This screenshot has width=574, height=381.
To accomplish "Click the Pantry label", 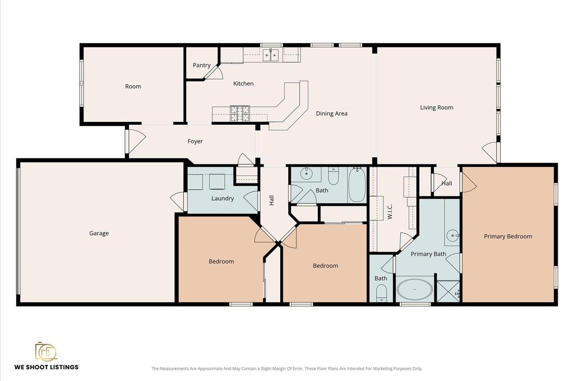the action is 201,65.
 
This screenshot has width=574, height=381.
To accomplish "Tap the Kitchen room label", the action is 243,84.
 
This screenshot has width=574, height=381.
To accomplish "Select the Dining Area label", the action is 331,114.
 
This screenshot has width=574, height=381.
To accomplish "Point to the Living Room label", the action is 436,108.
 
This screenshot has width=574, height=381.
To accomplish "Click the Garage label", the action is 99,233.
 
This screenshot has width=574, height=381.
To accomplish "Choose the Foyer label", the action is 195,142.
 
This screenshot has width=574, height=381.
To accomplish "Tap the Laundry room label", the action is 223,199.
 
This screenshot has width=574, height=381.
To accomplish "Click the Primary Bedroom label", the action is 508,236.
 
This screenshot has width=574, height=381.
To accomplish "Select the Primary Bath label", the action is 428,254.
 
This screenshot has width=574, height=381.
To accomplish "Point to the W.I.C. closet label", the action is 390,211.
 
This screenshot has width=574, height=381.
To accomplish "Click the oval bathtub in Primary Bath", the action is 415,290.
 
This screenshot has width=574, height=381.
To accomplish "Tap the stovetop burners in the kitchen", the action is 240,114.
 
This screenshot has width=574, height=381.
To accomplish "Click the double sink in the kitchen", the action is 271,55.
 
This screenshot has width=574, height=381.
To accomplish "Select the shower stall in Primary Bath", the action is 448,291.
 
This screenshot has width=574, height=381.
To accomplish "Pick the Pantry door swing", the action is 214,72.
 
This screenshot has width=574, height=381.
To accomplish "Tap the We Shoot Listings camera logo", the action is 46,351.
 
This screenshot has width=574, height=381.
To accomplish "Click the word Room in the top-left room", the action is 133,87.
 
